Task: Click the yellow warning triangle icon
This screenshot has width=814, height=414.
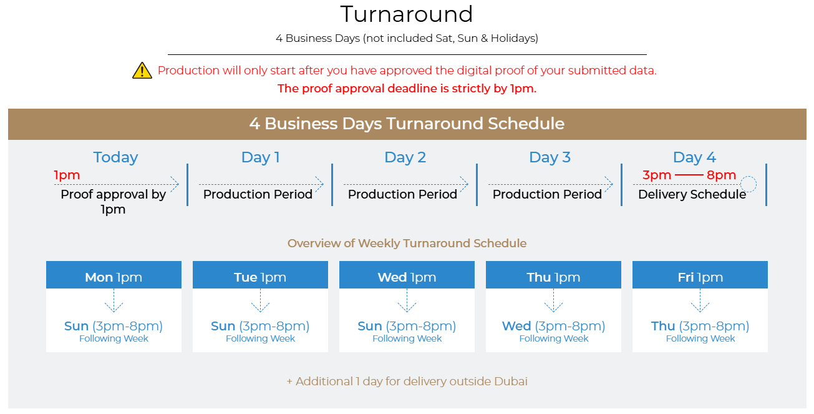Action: pyautogui.click(x=142, y=70)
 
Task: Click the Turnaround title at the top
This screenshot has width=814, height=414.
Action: pyautogui.click(x=407, y=14)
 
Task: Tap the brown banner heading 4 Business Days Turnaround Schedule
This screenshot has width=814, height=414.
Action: pyautogui.click(x=407, y=124)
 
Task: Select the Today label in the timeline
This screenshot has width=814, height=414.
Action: pyautogui.click(x=115, y=157)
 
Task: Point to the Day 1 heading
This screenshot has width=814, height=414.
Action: pyautogui.click(x=261, y=157)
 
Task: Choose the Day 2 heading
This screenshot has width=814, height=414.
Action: pyautogui.click(x=405, y=157)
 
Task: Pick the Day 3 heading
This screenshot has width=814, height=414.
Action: pyautogui.click(x=550, y=157)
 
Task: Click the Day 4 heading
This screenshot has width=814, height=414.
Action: pyautogui.click(x=694, y=157)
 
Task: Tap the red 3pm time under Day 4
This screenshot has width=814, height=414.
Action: pyautogui.click(x=657, y=175)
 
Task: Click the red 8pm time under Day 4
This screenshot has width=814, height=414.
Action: pyautogui.click(x=721, y=175)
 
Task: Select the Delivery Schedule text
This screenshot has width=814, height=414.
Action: pyautogui.click(x=692, y=194)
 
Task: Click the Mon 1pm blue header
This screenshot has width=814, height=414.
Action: pyautogui.click(x=114, y=275)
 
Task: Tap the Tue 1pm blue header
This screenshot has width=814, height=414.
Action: pyautogui.click(x=260, y=275)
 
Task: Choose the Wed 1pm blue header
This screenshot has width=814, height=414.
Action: pyautogui.click(x=407, y=275)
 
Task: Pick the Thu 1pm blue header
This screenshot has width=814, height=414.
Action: pyautogui.click(x=553, y=275)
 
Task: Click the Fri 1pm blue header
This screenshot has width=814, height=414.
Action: pyautogui.click(x=700, y=275)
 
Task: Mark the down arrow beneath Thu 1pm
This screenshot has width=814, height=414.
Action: pyautogui.click(x=553, y=300)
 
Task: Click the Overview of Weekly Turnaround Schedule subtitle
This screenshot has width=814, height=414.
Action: pyautogui.click(x=407, y=243)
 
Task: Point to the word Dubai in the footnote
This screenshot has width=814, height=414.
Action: pyautogui.click(x=511, y=382)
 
